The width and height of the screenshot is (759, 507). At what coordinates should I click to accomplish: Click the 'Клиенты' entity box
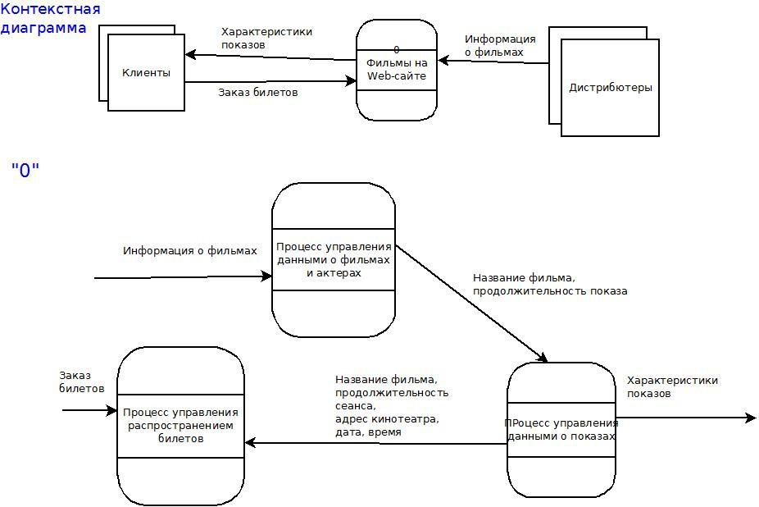pyautogui.click(x=146, y=73)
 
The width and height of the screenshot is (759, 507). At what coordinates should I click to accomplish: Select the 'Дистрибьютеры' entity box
pyautogui.click(x=610, y=88)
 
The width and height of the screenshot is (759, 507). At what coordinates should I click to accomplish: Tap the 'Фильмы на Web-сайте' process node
pyautogui.click(x=397, y=71)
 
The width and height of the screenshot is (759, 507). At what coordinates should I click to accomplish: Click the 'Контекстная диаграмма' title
pyautogui.click(x=51, y=19)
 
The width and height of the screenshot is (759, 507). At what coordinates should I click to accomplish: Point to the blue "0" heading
pyautogui.click(x=25, y=171)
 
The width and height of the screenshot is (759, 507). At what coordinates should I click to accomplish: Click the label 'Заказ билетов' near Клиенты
pyautogui.click(x=257, y=93)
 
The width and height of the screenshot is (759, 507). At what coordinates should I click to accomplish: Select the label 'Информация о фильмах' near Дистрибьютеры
pyautogui.click(x=500, y=45)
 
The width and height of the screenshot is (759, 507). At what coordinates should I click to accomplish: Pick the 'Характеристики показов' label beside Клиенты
pyautogui.click(x=266, y=38)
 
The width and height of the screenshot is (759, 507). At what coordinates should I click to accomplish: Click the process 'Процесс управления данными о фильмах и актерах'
pyautogui.click(x=334, y=259)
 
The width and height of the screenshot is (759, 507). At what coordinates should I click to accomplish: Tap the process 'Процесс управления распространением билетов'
pyautogui.click(x=180, y=425)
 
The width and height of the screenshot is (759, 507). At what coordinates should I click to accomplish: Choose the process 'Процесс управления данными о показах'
pyautogui.click(x=561, y=430)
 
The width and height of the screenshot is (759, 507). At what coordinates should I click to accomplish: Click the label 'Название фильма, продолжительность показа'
pyautogui.click(x=550, y=284)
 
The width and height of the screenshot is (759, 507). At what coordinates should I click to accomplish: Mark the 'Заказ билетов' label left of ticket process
pyautogui.click(x=82, y=381)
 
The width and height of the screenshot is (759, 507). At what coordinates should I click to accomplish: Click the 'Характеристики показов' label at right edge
pyautogui.click(x=672, y=386)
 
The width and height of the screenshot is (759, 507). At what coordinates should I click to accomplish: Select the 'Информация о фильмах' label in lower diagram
pyautogui.click(x=189, y=251)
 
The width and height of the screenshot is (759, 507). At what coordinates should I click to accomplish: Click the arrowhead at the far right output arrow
pyautogui.click(x=751, y=418)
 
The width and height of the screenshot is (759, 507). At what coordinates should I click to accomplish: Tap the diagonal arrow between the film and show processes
pyautogui.click(x=471, y=303)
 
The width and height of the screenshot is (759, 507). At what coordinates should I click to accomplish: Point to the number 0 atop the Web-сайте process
pyautogui.click(x=397, y=50)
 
